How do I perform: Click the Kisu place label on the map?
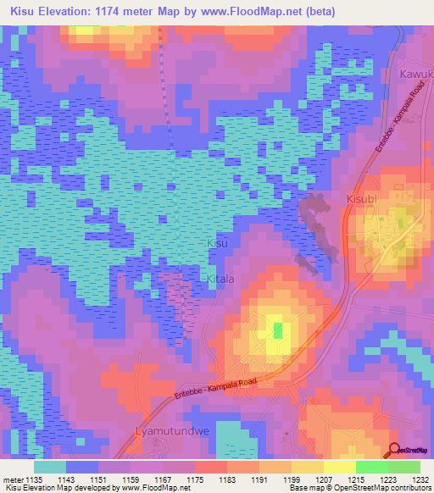217,243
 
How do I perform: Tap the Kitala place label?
220,278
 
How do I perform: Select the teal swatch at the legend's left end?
50,466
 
